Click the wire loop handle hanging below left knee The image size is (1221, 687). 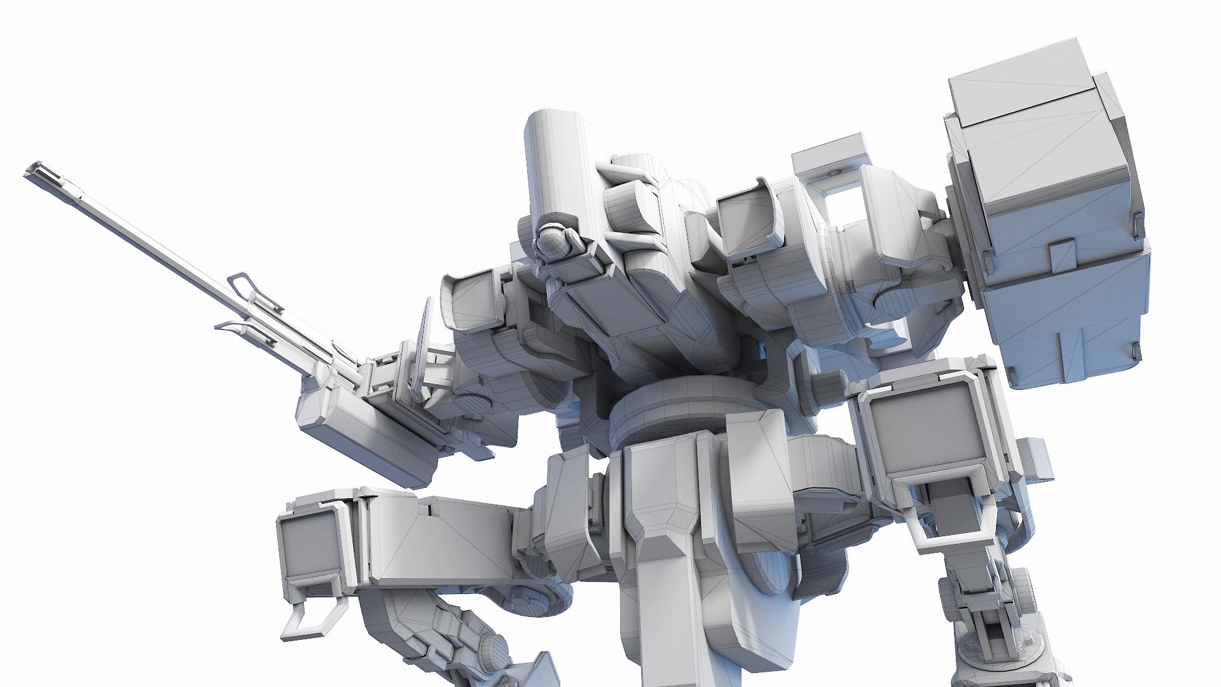point(315,620)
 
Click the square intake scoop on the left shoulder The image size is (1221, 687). point(474,302)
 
